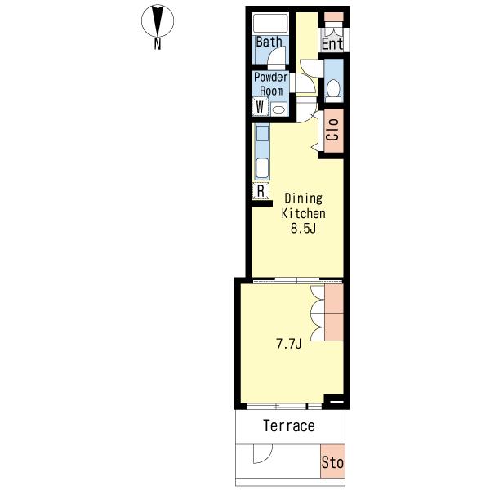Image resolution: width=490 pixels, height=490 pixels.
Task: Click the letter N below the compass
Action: point(158,44)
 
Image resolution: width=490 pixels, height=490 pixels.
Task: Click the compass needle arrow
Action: point(158,20)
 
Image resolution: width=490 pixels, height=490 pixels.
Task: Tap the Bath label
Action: point(269,42)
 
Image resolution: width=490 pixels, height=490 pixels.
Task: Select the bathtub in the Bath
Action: point(270,23)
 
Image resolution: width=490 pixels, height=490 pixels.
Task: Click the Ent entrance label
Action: point(332,44)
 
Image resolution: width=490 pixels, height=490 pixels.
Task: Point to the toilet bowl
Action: point(334,88)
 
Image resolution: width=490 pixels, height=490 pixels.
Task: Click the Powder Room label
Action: point(271,84)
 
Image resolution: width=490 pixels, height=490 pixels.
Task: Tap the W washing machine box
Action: point(260,106)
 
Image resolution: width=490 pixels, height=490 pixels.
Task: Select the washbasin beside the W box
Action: point(278,109)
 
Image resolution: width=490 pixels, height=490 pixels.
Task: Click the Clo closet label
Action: point(332,130)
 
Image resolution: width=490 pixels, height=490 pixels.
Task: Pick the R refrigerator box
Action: point(261,190)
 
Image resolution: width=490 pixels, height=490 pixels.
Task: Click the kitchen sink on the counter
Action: point(262,168)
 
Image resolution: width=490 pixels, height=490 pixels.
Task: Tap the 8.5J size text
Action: point(303,228)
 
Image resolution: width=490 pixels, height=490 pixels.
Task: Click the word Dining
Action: point(303,198)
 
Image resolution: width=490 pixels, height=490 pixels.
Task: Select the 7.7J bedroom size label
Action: point(288,344)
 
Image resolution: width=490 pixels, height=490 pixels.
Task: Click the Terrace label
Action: point(289,425)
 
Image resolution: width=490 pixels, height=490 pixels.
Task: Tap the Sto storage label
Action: point(332,462)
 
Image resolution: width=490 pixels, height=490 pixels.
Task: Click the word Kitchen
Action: point(303,213)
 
